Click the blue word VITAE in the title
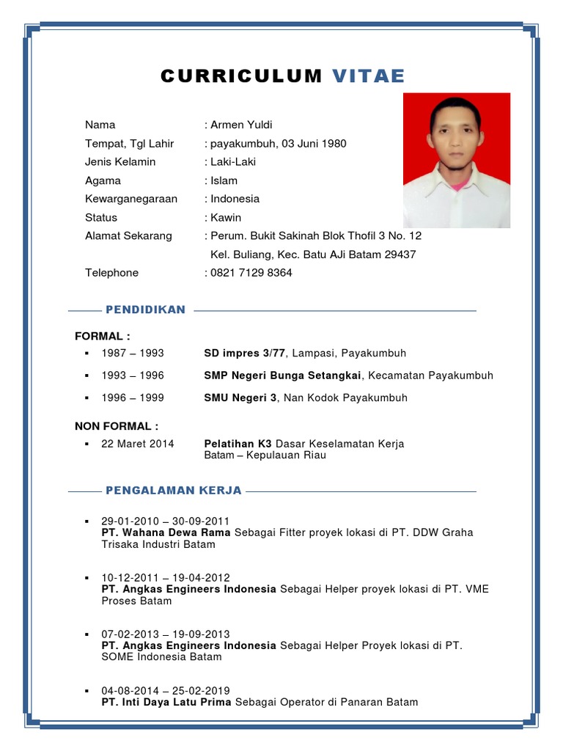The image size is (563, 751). [x=368, y=76]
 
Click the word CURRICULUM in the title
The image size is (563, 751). [x=241, y=76]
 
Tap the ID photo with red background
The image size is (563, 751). [x=456, y=160]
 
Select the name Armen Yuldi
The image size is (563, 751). [x=241, y=125]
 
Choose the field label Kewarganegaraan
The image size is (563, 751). [x=131, y=199]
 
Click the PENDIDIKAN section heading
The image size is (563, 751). [x=145, y=310]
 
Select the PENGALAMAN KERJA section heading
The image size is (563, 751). [x=174, y=491]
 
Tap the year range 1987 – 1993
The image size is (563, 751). [x=133, y=353]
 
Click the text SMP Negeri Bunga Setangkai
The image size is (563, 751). [x=282, y=375]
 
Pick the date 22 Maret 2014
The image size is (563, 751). [x=138, y=444]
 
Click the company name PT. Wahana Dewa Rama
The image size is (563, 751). [x=166, y=532]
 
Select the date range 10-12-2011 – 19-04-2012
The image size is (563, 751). [x=166, y=577]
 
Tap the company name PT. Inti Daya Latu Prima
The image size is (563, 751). [x=166, y=702]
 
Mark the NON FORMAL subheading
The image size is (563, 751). [x=117, y=426]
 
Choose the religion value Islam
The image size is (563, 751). [x=224, y=180]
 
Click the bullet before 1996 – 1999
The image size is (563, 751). [x=87, y=398]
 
